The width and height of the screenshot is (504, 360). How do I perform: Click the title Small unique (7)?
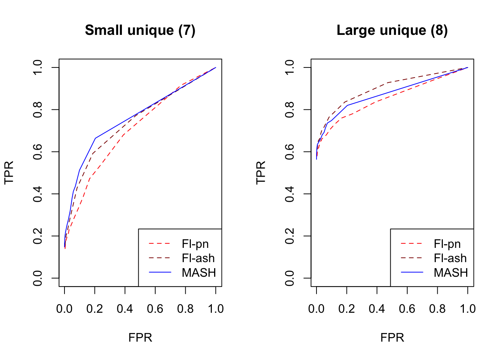click(x=140, y=30)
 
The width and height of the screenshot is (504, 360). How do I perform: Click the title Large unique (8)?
click(x=392, y=30)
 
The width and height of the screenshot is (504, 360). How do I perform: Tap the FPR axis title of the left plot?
click(x=140, y=337)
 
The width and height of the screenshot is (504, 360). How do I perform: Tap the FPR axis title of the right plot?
click(x=392, y=337)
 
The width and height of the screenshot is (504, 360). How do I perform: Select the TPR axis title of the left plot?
click(x=9, y=172)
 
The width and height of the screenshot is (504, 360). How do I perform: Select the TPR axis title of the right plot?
click(x=261, y=172)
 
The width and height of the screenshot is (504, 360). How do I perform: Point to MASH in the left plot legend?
click(x=199, y=273)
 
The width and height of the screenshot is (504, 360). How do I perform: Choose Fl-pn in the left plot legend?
click(x=195, y=244)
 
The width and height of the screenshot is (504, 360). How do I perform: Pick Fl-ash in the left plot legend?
click(x=198, y=258)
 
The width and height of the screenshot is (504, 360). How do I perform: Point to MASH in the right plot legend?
click(x=451, y=273)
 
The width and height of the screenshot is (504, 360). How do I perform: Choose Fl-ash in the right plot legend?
click(x=450, y=258)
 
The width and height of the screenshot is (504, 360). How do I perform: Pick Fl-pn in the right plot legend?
click(x=447, y=244)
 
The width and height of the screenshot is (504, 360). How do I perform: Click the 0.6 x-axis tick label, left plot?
click(x=155, y=309)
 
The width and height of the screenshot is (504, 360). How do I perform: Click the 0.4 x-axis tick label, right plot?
click(x=377, y=309)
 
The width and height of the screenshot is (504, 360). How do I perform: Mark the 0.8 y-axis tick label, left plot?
click(x=37, y=109)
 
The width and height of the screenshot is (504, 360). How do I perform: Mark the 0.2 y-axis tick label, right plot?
click(x=289, y=236)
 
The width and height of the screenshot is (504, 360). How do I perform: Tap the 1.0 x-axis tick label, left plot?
click(x=216, y=309)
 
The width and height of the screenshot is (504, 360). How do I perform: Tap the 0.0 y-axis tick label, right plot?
click(x=289, y=278)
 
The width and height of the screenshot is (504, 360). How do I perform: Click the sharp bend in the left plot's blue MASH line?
click(x=95, y=138)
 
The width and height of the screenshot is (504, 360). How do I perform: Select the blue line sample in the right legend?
click(x=412, y=273)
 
